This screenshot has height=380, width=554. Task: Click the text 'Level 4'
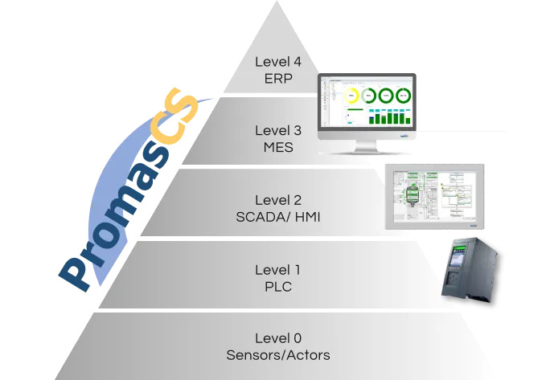click(x=277, y=62)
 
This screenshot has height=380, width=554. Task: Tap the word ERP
click(x=277, y=79)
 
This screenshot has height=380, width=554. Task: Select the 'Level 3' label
click(x=277, y=130)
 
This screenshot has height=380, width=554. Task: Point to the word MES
click(x=277, y=147)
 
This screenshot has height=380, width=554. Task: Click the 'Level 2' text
click(x=277, y=199)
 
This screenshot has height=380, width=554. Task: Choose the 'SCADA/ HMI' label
click(x=277, y=216)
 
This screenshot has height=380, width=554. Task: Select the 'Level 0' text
click(x=277, y=338)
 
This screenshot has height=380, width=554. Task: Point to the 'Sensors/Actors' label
click(x=277, y=355)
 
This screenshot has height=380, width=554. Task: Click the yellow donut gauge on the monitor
click(x=352, y=96)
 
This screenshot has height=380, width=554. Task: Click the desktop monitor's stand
click(x=370, y=146)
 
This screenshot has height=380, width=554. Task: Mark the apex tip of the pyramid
click(x=277, y=2)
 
